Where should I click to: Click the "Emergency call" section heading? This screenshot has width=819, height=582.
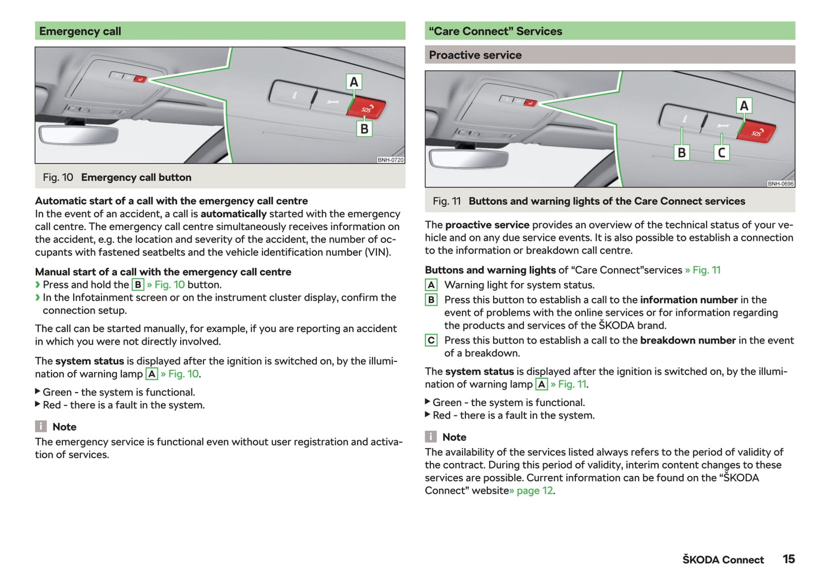click(x=80, y=31)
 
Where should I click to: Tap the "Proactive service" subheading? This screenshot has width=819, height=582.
click(x=475, y=55)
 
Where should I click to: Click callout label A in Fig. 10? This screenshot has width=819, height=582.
click(x=354, y=82)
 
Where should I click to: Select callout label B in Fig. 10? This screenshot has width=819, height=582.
click(x=364, y=129)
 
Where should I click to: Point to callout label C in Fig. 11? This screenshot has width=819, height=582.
click(x=721, y=153)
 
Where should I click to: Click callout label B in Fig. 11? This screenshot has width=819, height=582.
click(x=681, y=153)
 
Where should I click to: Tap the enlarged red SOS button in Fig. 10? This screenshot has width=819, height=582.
click(x=367, y=108)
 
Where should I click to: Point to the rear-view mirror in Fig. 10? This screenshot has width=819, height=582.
click(x=78, y=134)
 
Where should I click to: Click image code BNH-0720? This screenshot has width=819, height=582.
click(x=391, y=160)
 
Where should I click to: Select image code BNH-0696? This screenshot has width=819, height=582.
click(x=780, y=184)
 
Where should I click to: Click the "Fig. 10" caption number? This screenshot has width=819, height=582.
click(x=58, y=178)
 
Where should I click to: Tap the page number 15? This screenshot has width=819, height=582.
click(x=788, y=559)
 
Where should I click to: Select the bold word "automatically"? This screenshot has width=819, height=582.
click(x=233, y=214)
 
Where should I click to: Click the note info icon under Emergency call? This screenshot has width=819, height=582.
click(x=41, y=427)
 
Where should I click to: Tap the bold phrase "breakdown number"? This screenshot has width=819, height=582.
click(x=688, y=340)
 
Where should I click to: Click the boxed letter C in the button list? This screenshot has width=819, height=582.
click(x=431, y=340)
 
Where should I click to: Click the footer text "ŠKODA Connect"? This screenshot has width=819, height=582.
click(x=723, y=560)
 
